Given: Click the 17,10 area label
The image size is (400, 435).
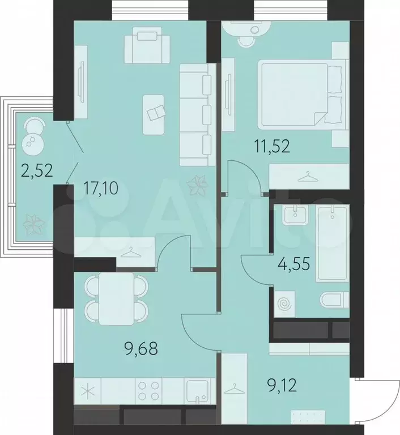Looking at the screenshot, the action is [101, 189].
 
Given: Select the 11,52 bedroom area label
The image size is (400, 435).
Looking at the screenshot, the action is [273, 147].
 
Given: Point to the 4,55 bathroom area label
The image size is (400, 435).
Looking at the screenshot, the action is [293, 264].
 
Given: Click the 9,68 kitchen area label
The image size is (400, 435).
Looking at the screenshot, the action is [141, 349].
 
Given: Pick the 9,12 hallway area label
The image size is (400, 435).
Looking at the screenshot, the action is [282, 385].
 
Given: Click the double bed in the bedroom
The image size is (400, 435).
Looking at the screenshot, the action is [303, 95].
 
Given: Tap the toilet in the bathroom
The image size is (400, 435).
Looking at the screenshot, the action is [334, 299].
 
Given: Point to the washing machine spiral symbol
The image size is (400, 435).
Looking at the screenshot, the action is [285, 304].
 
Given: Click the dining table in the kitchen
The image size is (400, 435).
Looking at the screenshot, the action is [116, 298].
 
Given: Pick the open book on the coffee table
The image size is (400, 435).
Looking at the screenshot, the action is [157, 113].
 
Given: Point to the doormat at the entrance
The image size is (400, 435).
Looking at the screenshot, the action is [308, 417].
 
